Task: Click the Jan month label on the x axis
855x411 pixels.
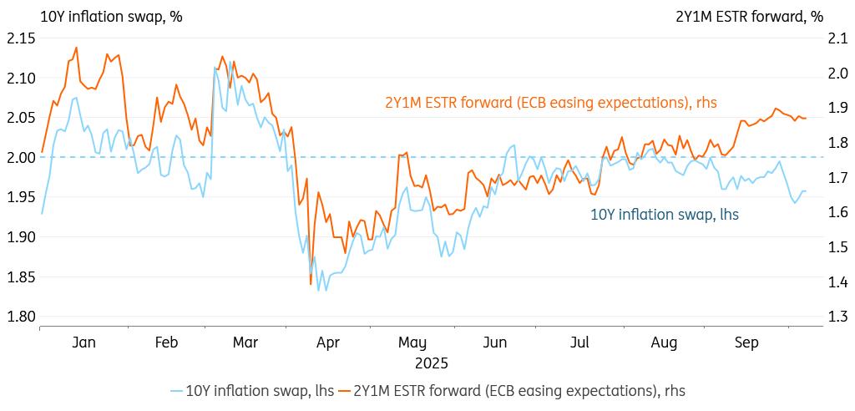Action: pos(84,342)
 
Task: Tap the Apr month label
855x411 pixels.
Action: pos(328,342)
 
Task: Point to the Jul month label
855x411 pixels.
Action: pos(579,342)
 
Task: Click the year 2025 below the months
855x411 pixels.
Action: pos(431,363)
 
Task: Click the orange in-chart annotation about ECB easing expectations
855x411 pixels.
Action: pos(550,103)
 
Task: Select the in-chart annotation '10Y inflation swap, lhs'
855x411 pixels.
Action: pos(664,215)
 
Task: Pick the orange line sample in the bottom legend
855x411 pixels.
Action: pos(344,390)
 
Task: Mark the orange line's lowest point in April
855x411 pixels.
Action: pos(311,285)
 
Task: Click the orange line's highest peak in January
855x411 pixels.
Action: pos(77,48)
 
